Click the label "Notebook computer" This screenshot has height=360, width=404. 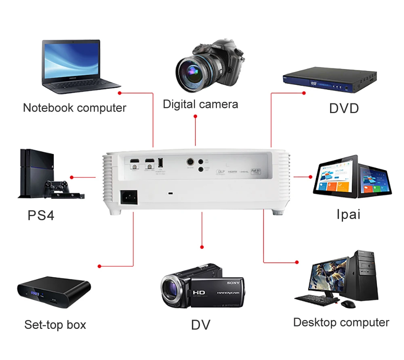[x=74, y=108]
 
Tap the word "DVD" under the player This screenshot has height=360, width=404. [x=344, y=108]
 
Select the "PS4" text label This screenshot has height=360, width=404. [x=41, y=215]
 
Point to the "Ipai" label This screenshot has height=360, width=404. [x=348, y=214]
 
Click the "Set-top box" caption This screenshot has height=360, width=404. [x=55, y=324]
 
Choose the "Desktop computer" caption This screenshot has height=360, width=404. [x=341, y=322]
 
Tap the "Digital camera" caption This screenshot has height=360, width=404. [x=200, y=104]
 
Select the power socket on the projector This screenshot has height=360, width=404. [x=128, y=198]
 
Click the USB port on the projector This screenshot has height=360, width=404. [x=160, y=163]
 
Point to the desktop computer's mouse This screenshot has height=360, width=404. [x=347, y=304]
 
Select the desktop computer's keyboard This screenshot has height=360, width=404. [x=315, y=299]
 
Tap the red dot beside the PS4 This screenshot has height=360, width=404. [x=72, y=177]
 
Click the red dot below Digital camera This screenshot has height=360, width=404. [x=196, y=116]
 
